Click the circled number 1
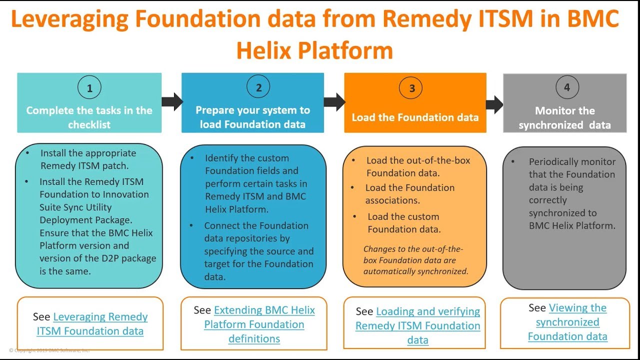[x=89, y=88]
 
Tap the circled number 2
[x=258, y=88]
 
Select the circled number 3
[x=412, y=88]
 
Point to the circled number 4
[x=567, y=87]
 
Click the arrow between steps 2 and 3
[x=334, y=101]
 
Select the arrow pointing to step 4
[x=494, y=104]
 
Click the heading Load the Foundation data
[x=415, y=117]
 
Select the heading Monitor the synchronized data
[x=565, y=118]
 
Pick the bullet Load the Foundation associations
[x=410, y=194]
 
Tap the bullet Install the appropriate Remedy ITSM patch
[x=88, y=159]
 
